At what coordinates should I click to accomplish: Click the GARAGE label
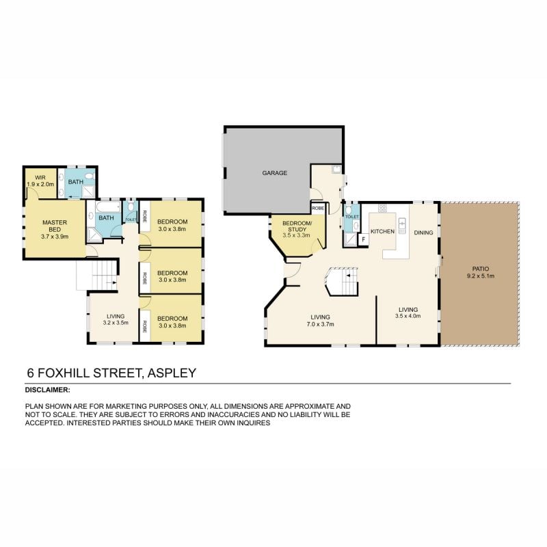click(275, 173)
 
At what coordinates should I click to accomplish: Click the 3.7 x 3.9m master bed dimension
click(53, 236)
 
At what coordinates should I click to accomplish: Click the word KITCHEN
click(382, 232)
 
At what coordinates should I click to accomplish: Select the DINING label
click(423, 232)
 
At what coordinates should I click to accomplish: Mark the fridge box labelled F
click(362, 239)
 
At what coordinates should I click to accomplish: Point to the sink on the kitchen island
click(402, 223)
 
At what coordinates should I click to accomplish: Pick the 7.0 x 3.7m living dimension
click(320, 325)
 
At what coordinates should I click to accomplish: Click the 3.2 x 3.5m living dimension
click(116, 322)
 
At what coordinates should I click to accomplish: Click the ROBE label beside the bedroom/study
click(317, 208)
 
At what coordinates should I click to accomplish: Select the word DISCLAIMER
click(47, 390)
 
